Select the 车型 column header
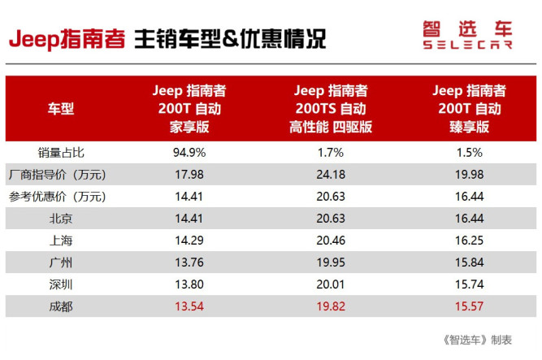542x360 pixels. (x=62, y=108)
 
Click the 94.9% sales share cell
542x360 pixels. (x=189, y=152)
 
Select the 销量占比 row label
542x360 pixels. (x=61, y=152)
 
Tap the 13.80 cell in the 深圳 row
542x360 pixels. (x=189, y=284)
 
